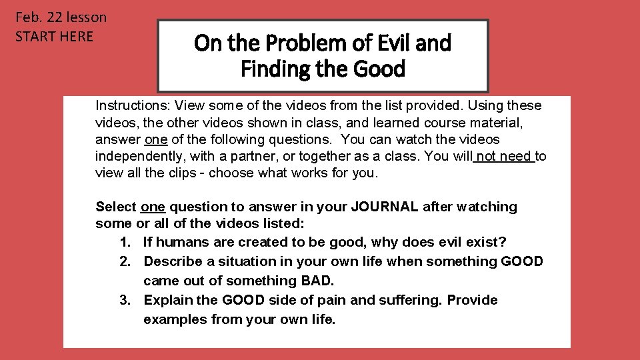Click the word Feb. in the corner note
pyautogui.click(x=28, y=17)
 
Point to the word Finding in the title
pyautogui.click(x=269, y=69)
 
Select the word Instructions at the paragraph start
pyautogui.click(x=131, y=105)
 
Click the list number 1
pyautogui.click(x=125, y=241)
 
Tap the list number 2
pyautogui.click(x=125, y=261)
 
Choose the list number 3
pyautogui.click(x=125, y=300)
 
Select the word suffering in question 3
pyautogui.click(x=410, y=300)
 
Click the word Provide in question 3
pyautogui.click(x=472, y=300)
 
